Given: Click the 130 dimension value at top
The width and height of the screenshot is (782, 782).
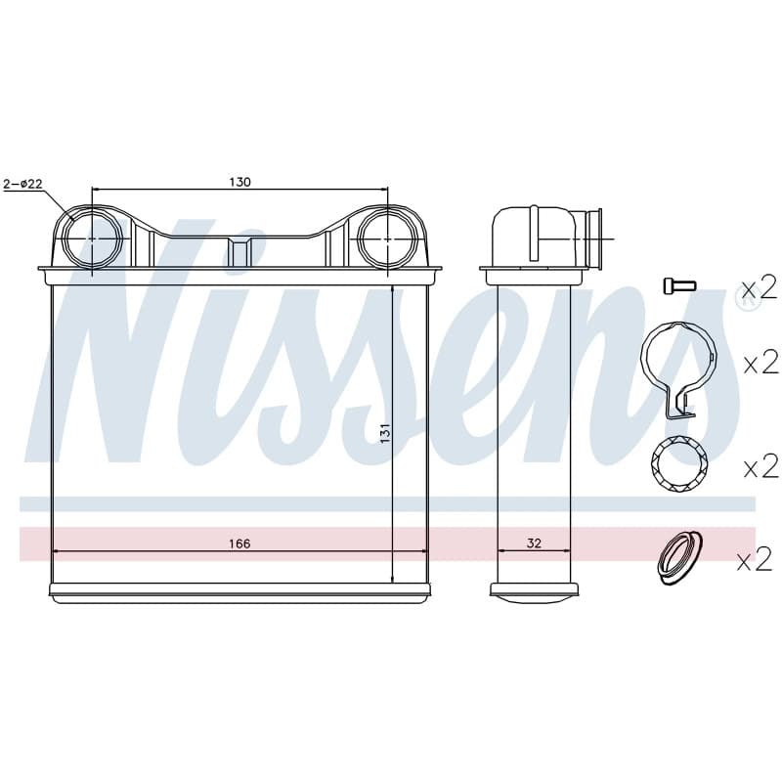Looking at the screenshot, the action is (x=239, y=182).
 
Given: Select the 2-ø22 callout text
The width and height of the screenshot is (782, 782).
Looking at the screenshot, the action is (x=22, y=184).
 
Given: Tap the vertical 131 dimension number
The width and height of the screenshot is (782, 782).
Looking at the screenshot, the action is (x=384, y=433).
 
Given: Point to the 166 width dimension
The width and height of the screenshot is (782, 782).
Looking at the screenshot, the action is (x=239, y=543).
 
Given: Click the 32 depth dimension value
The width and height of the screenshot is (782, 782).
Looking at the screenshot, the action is (x=534, y=543).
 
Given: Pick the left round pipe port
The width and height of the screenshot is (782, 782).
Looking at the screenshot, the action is (x=92, y=239).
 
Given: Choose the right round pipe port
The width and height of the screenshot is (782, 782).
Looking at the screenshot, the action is (x=387, y=239).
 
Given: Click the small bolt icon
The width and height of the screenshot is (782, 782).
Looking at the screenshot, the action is (x=679, y=285).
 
